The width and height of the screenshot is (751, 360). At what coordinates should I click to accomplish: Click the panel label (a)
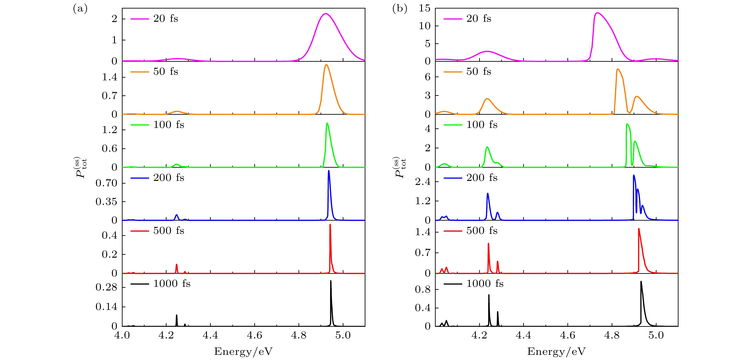80,9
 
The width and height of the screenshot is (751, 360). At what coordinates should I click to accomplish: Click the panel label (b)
400,9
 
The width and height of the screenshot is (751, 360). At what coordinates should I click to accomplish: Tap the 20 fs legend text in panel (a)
166,19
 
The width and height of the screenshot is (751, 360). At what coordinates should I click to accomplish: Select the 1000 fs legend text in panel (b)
485,284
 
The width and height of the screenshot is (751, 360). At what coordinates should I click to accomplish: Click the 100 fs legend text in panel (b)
482,125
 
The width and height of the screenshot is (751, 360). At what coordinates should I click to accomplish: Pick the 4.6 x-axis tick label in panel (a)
254,336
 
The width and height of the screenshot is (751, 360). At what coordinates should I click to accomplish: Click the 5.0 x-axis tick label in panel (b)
656,336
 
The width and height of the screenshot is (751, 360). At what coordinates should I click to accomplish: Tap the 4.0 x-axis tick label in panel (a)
122,336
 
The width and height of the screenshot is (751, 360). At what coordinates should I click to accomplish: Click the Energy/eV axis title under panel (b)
556,351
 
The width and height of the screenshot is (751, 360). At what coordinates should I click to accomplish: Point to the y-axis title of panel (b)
400,167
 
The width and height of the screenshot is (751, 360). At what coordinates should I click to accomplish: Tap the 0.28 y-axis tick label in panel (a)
106,288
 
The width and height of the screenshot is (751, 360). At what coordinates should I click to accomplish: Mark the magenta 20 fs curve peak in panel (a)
325,14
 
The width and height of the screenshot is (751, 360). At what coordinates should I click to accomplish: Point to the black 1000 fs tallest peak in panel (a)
331,281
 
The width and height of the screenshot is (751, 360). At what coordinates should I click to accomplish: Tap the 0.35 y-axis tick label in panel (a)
106,202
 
